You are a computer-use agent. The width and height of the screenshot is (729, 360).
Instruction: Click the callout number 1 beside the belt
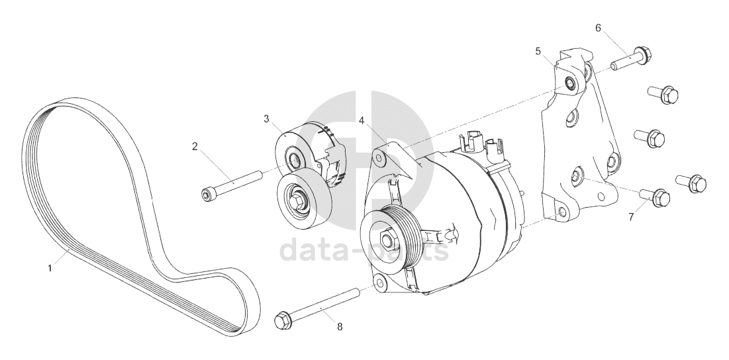coord(50,269)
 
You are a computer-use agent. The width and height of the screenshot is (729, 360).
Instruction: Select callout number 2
coord(195,147)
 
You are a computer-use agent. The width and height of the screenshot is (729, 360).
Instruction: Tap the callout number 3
coord(266,119)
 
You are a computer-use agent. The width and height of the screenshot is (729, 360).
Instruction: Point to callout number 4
coord(362,121)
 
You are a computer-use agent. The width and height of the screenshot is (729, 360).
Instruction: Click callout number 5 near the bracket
coord(538,51)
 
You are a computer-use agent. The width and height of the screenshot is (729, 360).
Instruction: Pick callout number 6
coord(598,28)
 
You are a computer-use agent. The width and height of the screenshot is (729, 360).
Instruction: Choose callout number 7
coord(631,217)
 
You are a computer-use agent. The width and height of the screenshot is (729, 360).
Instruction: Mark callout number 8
coord(340,327)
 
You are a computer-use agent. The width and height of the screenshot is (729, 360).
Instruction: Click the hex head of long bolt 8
coord(282,320)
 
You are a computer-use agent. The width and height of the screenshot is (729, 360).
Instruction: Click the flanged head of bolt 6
coord(642,56)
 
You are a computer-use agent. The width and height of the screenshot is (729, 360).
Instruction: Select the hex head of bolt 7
coord(661,199)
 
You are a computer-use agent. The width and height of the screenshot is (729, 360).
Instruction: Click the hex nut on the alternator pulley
coord(387,240)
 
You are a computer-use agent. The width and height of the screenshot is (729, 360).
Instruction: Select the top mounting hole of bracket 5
coord(569,83)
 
